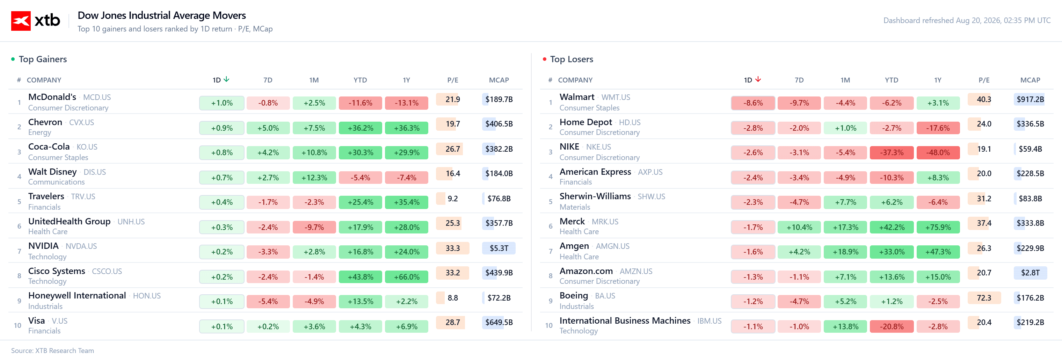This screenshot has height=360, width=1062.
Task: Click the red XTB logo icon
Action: tap(21, 21)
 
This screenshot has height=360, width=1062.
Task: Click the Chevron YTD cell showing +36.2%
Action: tap(360, 128)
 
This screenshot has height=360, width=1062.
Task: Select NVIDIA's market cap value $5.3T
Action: tap(499, 248)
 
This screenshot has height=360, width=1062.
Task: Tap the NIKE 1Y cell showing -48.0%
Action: tap(938, 153)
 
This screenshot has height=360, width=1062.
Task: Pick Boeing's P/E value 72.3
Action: tap(984, 298)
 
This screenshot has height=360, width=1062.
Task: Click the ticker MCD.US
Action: tap(97, 97)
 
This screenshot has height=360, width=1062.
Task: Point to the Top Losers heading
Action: tap(572, 59)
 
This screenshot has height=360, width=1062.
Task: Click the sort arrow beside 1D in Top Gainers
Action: tap(226, 79)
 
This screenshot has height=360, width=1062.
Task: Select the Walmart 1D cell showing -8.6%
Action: tap(753, 103)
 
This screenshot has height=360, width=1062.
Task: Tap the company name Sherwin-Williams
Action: tap(595, 196)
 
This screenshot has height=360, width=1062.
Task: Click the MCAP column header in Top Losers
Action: tap(1030, 80)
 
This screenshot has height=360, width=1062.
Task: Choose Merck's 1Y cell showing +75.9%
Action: tap(938, 227)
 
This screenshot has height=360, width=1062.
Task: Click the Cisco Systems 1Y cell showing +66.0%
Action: tap(407, 277)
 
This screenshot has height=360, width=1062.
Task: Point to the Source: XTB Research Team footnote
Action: tap(52, 351)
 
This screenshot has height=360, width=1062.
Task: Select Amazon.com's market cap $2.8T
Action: tap(1030, 273)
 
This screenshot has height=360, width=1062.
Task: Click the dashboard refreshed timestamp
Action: tap(967, 21)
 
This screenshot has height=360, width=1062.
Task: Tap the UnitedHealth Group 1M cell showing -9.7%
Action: tap(314, 227)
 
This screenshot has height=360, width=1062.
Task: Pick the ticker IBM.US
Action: tap(709, 321)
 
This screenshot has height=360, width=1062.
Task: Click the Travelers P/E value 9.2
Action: tap(453, 199)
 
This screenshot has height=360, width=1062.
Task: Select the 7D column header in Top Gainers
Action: tap(268, 80)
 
